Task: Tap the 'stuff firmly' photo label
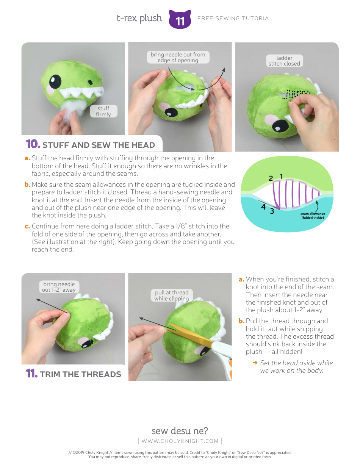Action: pyautogui.click(x=103, y=111)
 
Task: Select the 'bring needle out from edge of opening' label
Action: pyautogui.click(x=178, y=58)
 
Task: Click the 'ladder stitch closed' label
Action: pyautogui.click(x=284, y=61)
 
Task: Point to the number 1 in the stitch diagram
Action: pyautogui.click(x=282, y=176)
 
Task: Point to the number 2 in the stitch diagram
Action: pyautogui.click(x=271, y=178)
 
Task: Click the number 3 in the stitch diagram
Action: pyautogui.click(x=272, y=211)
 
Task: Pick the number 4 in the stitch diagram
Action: pyautogui.click(x=263, y=207)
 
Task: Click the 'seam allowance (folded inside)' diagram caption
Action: pyautogui.click(x=313, y=216)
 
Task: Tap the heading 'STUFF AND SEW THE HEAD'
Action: pyautogui.click(x=99, y=145)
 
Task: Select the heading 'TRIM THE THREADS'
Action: pyautogui.click(x=80, y=374)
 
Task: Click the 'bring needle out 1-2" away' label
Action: pyautogui.click(x=59, y=287)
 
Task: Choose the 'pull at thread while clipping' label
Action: pyautogui.click(x=172, y=296)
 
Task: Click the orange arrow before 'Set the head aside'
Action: pyautogui.click(x=255, y=363)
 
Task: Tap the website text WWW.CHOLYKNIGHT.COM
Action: pyautogui.click(x=180, y=441)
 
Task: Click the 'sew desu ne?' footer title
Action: pyautogui.click(x=180, y=431)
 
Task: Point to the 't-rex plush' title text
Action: pyautogui.click(x=139, y=18)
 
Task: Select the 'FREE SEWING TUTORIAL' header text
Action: pyautogui.click(x=235, y=18)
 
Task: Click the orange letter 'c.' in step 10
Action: pyautogui.click(x=27, y=227)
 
